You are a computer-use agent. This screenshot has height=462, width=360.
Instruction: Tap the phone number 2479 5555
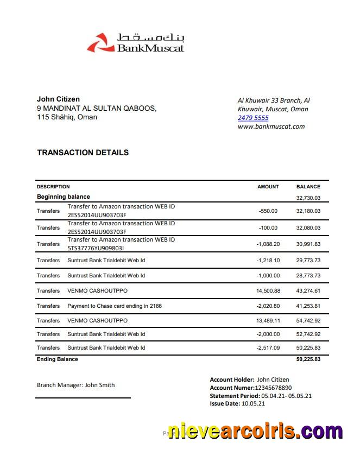click(253, 118)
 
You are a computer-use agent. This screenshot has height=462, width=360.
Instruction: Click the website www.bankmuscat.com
click(271, 126)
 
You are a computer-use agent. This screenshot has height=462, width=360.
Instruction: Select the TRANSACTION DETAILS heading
click(83, 153)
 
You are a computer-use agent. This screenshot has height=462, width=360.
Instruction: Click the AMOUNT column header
click(268, 187)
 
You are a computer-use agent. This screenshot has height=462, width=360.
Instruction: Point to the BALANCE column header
click(308, 187)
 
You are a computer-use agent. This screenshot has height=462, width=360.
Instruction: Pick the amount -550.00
click(268, 211)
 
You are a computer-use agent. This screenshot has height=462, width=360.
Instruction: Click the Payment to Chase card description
click(115, 306)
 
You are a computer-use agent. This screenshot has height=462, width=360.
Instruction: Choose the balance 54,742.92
click(308, 321)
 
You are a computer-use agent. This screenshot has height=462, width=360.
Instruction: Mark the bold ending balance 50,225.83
click(308, 360)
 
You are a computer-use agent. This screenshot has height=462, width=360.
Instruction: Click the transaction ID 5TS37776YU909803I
click(96, 248)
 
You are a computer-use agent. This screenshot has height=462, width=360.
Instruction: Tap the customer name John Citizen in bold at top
click(58, 99)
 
